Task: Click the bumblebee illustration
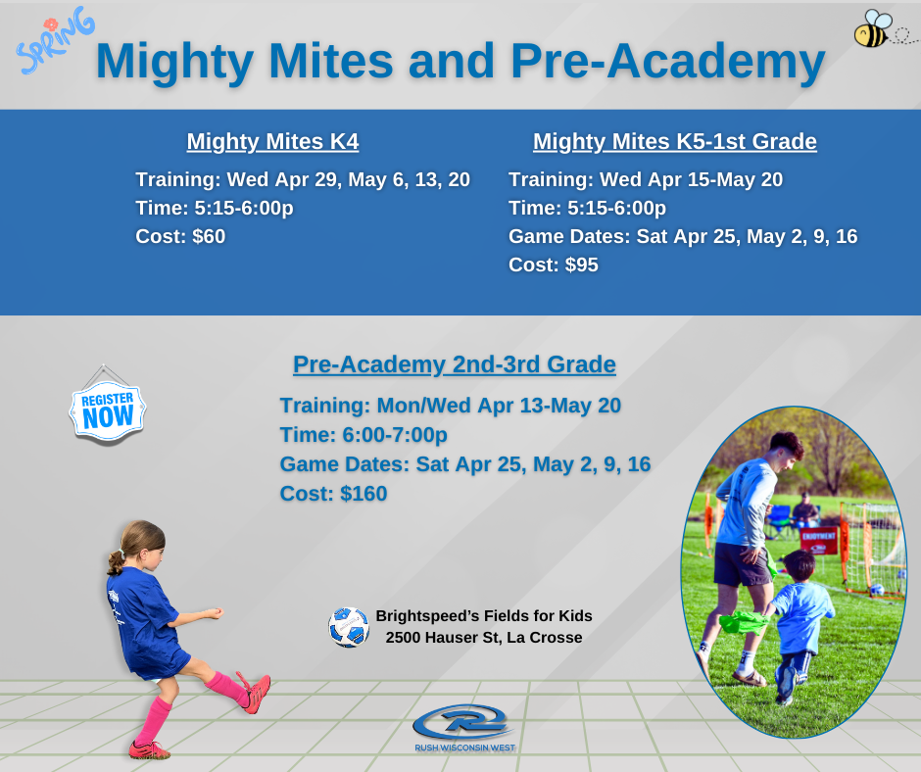click(x=873, y=28)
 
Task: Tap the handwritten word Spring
click(x=55, y=40)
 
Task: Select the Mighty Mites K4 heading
click(x=272, y=142)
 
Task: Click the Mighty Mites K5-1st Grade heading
click(x=675, y=142)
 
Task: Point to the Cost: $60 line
click(x=180, y=236)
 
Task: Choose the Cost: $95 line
click(x=554, y=265)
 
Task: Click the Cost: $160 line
click(x=334, y=494)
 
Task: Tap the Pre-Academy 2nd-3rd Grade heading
click(x=455, y=364)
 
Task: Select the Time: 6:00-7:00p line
click(x=364, y=435)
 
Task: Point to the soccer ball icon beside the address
click(x=349, y=627)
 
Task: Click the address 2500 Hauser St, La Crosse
click(x=484, y=638)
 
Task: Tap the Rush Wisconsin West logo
click(x=464, y=729)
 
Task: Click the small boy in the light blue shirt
click(x=796, y=626)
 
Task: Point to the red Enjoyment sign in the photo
click(x=818, y=541)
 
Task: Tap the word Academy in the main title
click(x=716, y=62)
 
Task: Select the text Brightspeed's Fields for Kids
click(x=484, y=615)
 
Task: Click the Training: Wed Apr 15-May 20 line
click(x=646, y=179)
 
